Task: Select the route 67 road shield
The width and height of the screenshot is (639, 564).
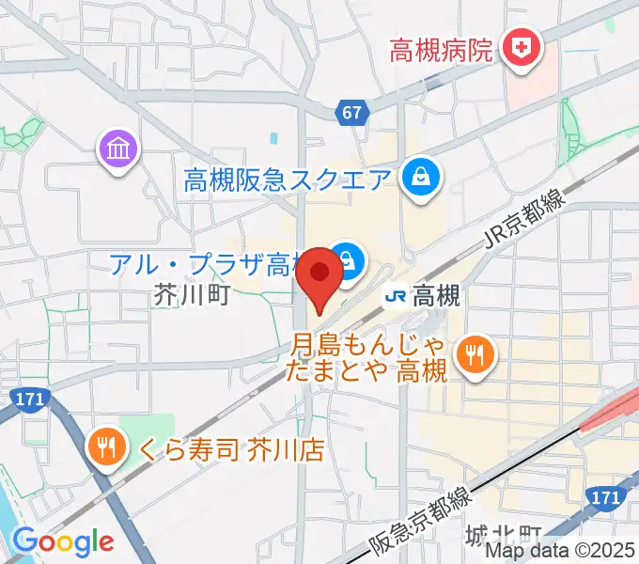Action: [x=351, y=113]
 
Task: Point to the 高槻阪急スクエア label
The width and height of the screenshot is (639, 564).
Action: [x=288, y=179]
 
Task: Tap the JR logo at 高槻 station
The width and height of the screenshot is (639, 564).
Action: [x=396, y=296]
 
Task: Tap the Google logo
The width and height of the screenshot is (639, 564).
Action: [x=63, y=541]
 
